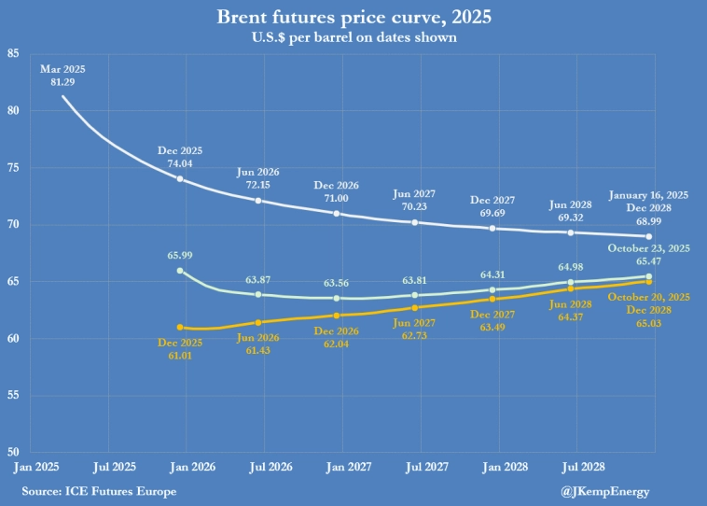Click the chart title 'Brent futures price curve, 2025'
click(353, 18)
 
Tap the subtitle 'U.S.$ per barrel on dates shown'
click(353, 38)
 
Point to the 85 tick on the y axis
click(13, 53)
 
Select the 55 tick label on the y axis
click(13, 395)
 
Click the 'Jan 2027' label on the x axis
click(337, 466)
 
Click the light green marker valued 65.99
click(180, 271)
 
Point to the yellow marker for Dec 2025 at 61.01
click(180, 328)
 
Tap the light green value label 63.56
click(337, 283)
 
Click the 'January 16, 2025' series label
click(648, 195)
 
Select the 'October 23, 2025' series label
click(648, 248)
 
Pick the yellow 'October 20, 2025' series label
click(648, 296)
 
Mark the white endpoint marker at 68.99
click(650, 236)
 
